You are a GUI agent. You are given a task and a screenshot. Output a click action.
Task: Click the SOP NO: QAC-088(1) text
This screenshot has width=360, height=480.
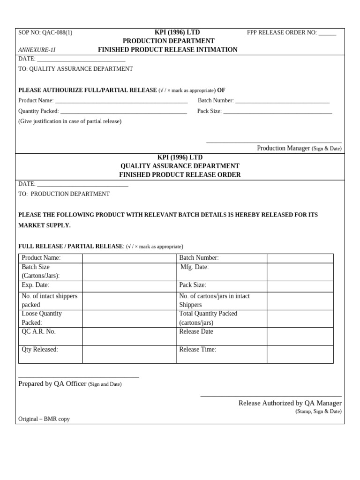pos(45,33)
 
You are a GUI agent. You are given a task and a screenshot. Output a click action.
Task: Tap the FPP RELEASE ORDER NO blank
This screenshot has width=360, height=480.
pos(327,33)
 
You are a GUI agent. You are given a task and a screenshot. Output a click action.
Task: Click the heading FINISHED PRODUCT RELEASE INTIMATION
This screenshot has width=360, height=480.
pos(167,50)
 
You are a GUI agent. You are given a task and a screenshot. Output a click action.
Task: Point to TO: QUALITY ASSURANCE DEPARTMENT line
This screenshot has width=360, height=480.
pos(75,69)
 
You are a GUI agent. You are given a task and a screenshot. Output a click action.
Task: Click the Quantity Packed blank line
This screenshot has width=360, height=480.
pos(123,112)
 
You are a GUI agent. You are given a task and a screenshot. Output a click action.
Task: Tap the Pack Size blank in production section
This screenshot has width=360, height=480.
pos(277,112)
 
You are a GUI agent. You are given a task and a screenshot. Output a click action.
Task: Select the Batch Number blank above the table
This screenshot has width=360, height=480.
pos(282,101)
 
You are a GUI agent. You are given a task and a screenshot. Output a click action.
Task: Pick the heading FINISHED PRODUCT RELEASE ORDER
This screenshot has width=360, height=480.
pos(180,175)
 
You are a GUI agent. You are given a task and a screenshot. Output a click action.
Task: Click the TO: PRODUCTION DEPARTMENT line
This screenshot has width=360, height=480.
pos(64,194)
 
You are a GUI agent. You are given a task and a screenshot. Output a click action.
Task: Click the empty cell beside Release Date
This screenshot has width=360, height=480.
pos(300,336)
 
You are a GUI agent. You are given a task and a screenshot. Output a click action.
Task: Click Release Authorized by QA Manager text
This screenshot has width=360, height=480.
pos(290,403)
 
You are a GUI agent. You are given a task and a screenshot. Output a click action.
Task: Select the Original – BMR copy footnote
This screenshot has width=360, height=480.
pos(44,419)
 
